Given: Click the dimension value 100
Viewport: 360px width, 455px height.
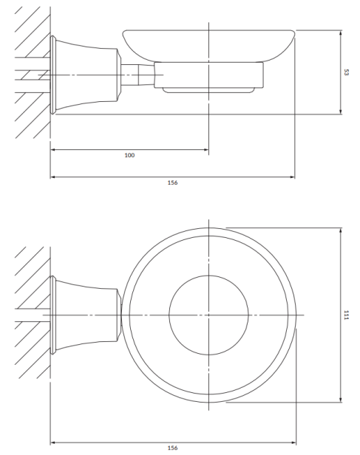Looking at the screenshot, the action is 129,155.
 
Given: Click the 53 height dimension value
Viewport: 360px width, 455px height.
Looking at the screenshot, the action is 346,72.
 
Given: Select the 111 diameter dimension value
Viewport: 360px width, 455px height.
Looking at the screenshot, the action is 346,315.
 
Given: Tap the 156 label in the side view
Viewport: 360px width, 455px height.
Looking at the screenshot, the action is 172,182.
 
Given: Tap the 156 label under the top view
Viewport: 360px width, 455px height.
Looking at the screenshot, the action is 172,448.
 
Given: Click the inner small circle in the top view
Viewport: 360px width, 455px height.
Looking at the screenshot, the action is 169,315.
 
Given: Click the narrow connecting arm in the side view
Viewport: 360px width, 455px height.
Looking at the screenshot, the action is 137,75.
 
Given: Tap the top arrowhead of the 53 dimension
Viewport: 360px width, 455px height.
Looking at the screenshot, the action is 340,32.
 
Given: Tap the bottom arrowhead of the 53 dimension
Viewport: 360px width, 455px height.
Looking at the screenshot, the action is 340,112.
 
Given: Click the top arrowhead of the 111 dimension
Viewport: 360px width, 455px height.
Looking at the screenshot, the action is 340,230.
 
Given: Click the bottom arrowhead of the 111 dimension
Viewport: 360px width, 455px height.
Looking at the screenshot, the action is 340,400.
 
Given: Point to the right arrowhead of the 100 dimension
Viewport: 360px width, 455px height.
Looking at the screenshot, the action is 206,150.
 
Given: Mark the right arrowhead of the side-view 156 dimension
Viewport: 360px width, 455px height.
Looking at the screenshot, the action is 292,177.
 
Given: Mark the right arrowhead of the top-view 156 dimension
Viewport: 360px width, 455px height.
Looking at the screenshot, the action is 293,443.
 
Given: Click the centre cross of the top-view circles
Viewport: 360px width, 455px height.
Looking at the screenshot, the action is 208,315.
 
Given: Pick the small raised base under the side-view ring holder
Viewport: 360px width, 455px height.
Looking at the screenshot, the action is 208,90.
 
